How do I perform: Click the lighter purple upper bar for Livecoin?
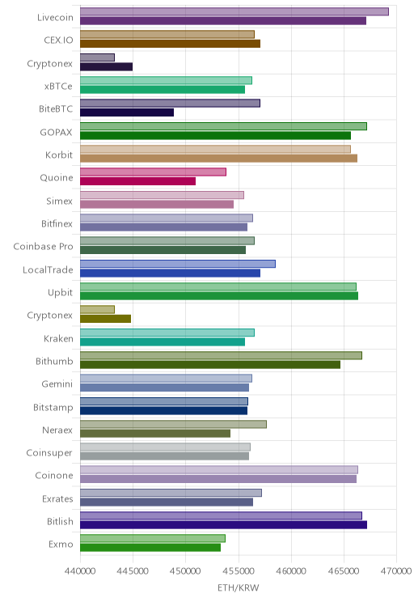[234, 11]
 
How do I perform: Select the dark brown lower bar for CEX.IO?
[170, 44]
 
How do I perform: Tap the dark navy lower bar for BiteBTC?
[127, 112]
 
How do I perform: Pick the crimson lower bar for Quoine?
[137, 181]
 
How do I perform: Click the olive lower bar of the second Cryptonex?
[105, 319]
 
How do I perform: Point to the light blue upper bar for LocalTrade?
[178, 264]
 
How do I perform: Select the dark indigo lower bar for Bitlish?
[223, 525]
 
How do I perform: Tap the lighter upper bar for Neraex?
[173, 424]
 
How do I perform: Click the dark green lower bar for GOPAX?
[215, 135]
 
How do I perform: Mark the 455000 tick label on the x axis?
[239, 571]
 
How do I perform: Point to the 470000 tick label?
[396, 571]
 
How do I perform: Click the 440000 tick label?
[80, 571]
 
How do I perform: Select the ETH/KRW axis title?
[239, 587]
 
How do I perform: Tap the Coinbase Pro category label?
[43, 247]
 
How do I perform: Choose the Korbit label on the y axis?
[59, 155]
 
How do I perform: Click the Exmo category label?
[61, 544]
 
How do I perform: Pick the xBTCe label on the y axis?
[58, 86]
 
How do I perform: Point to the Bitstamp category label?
[53, 407]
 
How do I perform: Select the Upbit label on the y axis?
[60, 293]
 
